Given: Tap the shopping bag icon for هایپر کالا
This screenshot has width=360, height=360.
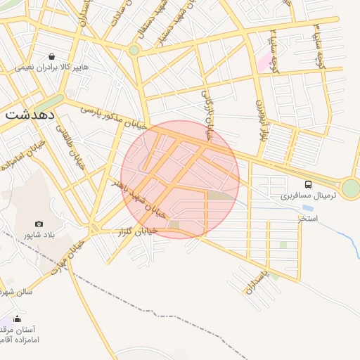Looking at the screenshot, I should coord(51,56).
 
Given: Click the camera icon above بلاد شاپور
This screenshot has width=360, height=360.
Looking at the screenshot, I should coord(39,224).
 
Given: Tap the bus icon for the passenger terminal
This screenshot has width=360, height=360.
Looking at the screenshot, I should coord(309,184).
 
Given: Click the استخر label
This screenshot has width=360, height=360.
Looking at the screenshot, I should coord(307,219).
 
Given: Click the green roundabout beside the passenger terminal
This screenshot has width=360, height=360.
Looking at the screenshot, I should coord(350,188).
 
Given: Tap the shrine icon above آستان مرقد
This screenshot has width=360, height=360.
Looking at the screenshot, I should coord(18,319).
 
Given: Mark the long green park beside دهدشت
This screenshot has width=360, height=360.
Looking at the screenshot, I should coord(49,103).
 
